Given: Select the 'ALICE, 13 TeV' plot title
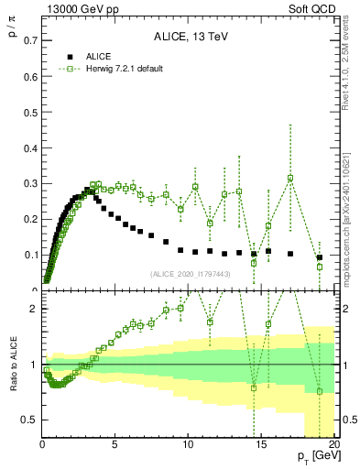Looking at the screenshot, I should click(x=188, y=37).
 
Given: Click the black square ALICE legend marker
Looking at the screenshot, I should click(x=63, y=56).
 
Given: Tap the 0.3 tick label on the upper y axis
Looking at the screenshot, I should click(x=28, y=183).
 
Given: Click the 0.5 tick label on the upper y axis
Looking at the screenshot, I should click(x=28, y=112).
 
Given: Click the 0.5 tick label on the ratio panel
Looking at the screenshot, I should click(x=28, y=420).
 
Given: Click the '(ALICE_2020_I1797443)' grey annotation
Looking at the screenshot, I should click(x=191, y=274).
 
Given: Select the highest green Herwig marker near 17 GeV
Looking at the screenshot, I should click(x=290, y=179).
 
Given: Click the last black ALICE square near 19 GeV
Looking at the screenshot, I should click(x=320, y=257).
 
